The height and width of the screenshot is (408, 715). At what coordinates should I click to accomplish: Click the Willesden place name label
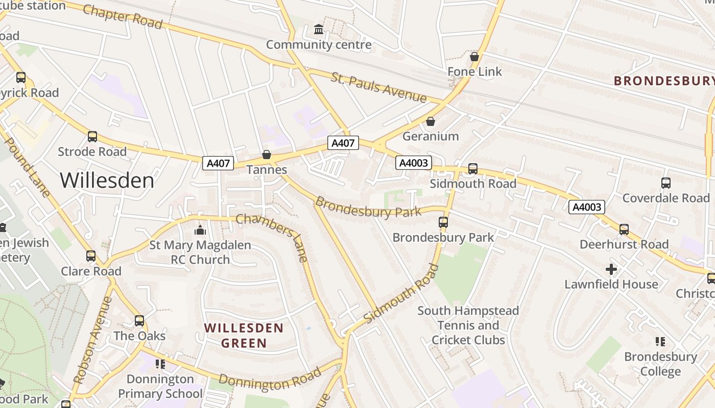(x=107, y=181)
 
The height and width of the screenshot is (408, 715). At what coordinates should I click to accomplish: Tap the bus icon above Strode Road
(x=92, y=137)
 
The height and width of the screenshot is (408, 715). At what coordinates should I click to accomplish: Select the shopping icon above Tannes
(x=266, y=154)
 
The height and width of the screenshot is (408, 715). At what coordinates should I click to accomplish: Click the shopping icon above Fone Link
(x=474, y=56)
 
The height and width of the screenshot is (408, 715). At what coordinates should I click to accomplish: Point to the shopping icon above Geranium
(x=431, y=121)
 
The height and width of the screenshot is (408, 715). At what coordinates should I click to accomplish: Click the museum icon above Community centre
(x=319, y=29)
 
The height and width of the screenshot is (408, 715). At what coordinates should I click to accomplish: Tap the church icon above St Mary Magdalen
(x=200, y=230)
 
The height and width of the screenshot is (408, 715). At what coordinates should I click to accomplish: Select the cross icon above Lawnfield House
(x=611, y=269)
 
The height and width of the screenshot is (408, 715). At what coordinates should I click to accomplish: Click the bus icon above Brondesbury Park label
(x=443, y=222)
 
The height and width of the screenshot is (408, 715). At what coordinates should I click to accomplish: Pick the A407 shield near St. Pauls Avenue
(x=343, y=143)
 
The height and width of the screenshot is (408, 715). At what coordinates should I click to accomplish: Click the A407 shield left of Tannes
(x=218, y=163)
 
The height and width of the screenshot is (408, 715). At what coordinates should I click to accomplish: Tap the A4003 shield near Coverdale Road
(x=587, y=207)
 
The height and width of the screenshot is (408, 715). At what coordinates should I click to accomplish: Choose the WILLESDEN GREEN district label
(x=244, y=335)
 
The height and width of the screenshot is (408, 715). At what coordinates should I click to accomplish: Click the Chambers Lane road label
(x=273, y=237)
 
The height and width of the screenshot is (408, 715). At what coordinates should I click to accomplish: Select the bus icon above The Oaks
(x=139, y=321)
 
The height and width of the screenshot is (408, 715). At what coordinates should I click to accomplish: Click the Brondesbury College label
(x=660, y=364)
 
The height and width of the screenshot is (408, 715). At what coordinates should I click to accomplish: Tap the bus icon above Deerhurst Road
(x=624, y=229)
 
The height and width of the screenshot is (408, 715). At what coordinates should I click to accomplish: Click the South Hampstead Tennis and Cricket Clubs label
(x=468, y=325)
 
